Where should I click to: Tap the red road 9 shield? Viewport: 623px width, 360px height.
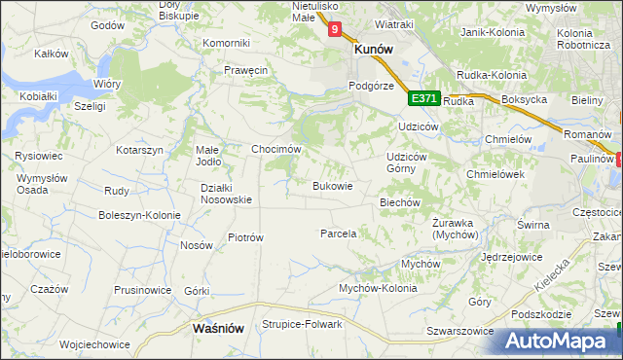pyautogui.click(x=335, y=30)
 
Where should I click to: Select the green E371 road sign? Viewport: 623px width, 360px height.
pyautogui.click(x=423, y=98)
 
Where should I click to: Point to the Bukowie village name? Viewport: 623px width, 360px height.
pyautogui.click(x=331, y=185)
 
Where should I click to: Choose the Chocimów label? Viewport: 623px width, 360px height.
pyautogui.click(x=275, y=149)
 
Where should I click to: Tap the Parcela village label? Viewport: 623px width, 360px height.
pyautogui.click(x=339, y=234)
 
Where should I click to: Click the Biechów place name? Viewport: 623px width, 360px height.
pyautogui.click(x=398, y=202)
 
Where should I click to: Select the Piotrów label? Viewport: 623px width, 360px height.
pyautogui.click(x=245, y=236)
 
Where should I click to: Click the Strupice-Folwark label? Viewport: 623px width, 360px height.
pyautogui.click(x=302, y=324)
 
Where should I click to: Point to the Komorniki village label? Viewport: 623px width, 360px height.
pyautogui.click(x=227, y=43)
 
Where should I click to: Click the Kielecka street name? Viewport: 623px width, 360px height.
pyautogui.click(x=552, y=275)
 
